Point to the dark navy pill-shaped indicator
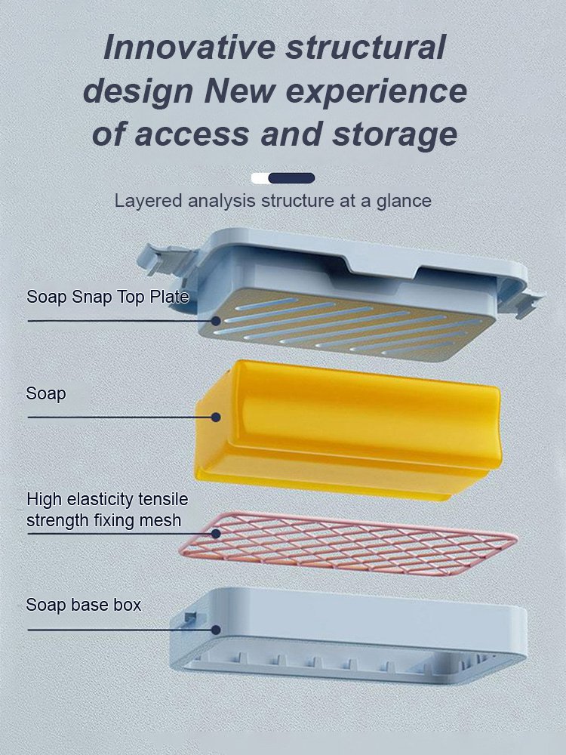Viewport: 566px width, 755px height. click(292, 178)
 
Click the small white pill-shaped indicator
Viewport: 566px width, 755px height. click(260, 178)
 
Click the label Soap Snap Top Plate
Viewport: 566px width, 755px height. click(107, 297)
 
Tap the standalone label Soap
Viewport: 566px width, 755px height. click(46, 393)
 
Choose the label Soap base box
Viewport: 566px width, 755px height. click(84, 605)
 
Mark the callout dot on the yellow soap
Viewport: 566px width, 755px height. click(216, 417)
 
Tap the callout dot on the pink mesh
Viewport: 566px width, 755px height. click(217, 534)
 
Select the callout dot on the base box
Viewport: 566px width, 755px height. click(216, 629)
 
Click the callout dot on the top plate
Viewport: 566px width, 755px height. click(217, 320)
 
